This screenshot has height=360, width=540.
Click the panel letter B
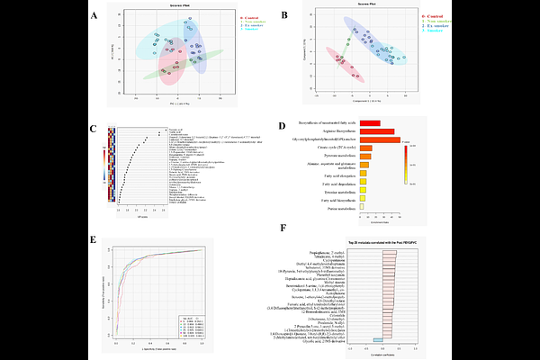[x=284, y=16]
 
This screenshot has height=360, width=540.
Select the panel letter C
[x=94, y=129]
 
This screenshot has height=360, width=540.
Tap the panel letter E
[x=94, y=239]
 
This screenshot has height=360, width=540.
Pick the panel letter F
[x=284, y=229]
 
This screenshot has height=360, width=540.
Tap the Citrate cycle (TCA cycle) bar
[x=364, y=148]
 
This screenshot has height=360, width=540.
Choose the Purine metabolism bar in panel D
[x=362, y=208]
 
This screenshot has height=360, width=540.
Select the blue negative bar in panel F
[x=378, y=338]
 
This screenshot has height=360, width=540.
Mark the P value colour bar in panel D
[x=407, y=163]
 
